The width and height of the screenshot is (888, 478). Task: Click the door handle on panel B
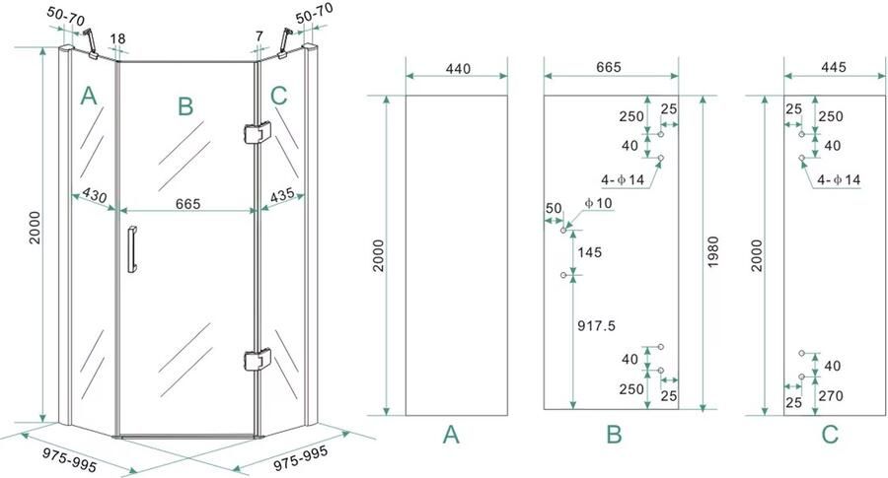pos(131,249)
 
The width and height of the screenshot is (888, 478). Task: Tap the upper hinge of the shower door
pos(258,133)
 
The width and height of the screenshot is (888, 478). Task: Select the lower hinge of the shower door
pos(258,360)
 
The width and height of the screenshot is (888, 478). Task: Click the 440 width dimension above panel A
pos(458,68)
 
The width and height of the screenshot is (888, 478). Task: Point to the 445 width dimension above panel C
pos(834,67)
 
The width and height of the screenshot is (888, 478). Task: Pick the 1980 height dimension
pos(712,252)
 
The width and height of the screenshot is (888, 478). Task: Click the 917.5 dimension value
pos(596,325)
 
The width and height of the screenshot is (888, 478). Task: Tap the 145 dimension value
pos(590,252)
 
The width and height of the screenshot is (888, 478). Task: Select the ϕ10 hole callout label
pos(599,202)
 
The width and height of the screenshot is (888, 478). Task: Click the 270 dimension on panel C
pos(831,395)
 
